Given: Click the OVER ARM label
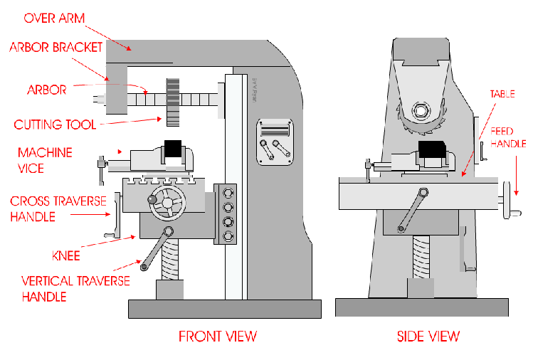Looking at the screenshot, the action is pos(54,18).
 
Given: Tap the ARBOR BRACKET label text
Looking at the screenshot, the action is pos(56,47).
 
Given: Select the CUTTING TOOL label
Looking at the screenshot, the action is pos(55,125).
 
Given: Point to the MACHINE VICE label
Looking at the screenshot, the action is pos(45,161).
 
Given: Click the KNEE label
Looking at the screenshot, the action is pos(66,255).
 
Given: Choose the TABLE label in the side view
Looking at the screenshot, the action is pos(502,94).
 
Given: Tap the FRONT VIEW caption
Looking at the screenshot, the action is pos(218,337).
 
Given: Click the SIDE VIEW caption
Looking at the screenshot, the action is pos(428,337).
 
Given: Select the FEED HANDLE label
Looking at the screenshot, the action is pos(508,137).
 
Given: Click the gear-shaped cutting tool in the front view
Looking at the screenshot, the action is pos(173,102).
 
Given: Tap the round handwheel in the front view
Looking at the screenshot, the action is pos(167,203).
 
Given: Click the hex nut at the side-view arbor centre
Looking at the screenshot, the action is pos(421,111).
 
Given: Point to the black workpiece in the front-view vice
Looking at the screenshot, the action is pos(173,149).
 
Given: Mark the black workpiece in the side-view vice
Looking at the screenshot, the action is pos(432,149).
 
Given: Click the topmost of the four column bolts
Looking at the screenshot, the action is pos(228,193).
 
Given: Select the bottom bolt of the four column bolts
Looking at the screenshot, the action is pos(228,235).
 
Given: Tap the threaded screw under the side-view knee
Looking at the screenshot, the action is pos(421,258).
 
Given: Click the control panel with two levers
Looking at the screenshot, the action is pos(275,142).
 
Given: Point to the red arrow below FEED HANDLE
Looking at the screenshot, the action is pos(516,176).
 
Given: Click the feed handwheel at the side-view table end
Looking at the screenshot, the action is pos(507,200).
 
